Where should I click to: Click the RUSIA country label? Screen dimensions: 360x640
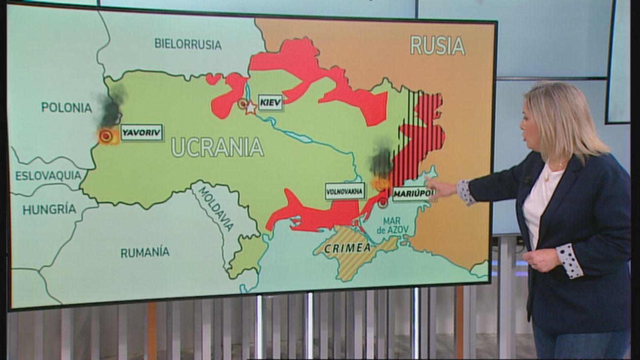437,46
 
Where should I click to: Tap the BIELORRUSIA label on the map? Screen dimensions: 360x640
188,44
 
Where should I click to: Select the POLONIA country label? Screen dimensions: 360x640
66,107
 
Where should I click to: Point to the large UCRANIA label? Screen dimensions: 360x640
217,147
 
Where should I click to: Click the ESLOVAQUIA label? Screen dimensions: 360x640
48,175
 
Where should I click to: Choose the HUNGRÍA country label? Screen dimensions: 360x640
49,209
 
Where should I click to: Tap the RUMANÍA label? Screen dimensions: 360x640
145,253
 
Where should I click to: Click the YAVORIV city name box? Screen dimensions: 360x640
142,132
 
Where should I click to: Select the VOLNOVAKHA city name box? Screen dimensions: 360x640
345,191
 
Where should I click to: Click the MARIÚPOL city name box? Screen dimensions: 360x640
414,194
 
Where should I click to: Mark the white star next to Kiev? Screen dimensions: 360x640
251,107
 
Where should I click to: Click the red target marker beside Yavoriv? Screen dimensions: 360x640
105,136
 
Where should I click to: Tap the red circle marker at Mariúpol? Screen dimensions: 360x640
383,202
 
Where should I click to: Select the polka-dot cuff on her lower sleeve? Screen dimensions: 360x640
570,260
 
